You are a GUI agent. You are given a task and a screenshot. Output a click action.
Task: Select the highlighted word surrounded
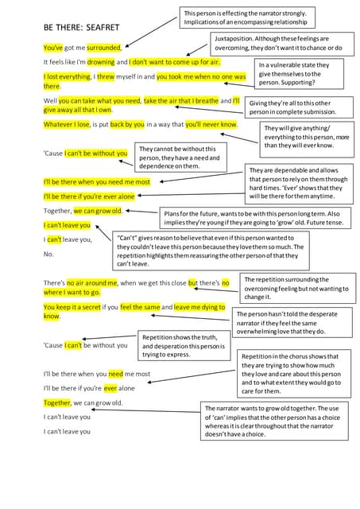pos(104,48)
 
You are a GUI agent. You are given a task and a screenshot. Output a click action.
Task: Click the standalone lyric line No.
pos(48,254)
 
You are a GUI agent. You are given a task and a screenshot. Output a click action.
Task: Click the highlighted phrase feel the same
pos(141,307)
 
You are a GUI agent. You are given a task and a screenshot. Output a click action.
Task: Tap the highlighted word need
pos(115,373)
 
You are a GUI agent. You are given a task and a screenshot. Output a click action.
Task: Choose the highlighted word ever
pos(110,388)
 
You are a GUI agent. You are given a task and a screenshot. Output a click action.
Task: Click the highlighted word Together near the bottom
pos(56,402)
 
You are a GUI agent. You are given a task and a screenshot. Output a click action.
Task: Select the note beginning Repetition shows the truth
pos(183,347)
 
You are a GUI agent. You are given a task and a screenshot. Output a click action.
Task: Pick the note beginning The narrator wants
pos(277,421)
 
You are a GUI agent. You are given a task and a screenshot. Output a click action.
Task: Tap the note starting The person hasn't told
pos(292,322)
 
